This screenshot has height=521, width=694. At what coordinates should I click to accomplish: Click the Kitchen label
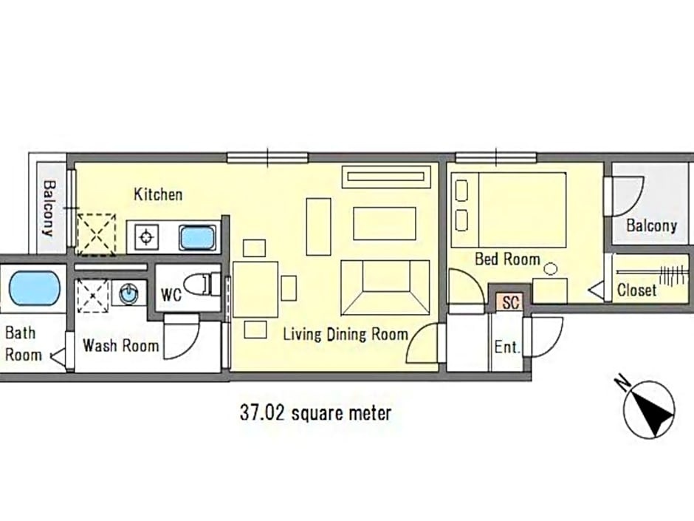coord(158,194)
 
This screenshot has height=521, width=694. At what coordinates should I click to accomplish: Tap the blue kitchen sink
coord(197,237)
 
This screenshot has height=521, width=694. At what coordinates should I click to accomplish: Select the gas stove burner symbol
coord(146,237)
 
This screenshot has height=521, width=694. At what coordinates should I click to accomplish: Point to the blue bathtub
coord(34,288)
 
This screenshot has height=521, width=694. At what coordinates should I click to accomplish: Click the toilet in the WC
coord(202,284)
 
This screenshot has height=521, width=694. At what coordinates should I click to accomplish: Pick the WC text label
coord(171,295)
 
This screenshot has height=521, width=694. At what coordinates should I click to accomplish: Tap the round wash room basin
coord(128,293)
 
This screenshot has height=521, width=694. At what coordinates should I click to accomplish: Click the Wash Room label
coord(120,346)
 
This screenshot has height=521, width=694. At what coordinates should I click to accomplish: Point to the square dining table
coord(255,289)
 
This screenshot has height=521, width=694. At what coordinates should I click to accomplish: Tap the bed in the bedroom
coord(509,210)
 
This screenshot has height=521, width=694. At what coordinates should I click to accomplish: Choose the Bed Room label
coord(507,259)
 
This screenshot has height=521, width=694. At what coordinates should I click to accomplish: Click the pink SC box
coord(510,302)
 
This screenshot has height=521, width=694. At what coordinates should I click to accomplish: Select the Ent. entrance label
coord(507,347)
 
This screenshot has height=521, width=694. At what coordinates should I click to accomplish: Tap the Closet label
coord(637,290)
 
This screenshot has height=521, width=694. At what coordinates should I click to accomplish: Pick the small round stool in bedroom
coord(551,269)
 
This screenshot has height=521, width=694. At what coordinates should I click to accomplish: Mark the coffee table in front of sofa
coord(385,224)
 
